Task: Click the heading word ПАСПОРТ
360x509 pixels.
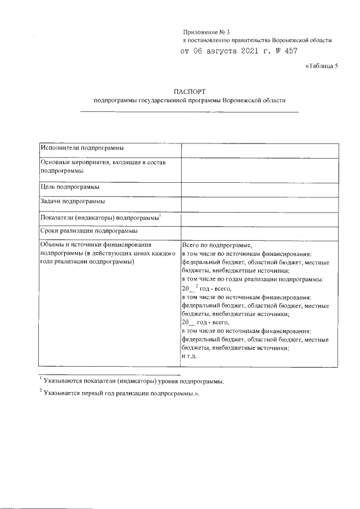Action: point(190,90)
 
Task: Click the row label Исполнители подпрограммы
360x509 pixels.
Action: point(82,147)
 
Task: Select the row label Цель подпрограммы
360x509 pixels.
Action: point(70,187)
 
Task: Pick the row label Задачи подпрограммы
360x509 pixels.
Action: point(73,201)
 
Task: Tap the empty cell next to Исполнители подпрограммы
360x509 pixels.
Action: point(259,150)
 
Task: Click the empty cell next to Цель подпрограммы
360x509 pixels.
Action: point(259,190)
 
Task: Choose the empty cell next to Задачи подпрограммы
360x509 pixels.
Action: point(259,204)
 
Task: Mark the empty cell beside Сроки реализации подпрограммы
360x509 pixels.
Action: point(259,232)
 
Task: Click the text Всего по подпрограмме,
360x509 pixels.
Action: point(217,246)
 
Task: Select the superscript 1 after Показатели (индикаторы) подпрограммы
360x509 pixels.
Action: point(160,215)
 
